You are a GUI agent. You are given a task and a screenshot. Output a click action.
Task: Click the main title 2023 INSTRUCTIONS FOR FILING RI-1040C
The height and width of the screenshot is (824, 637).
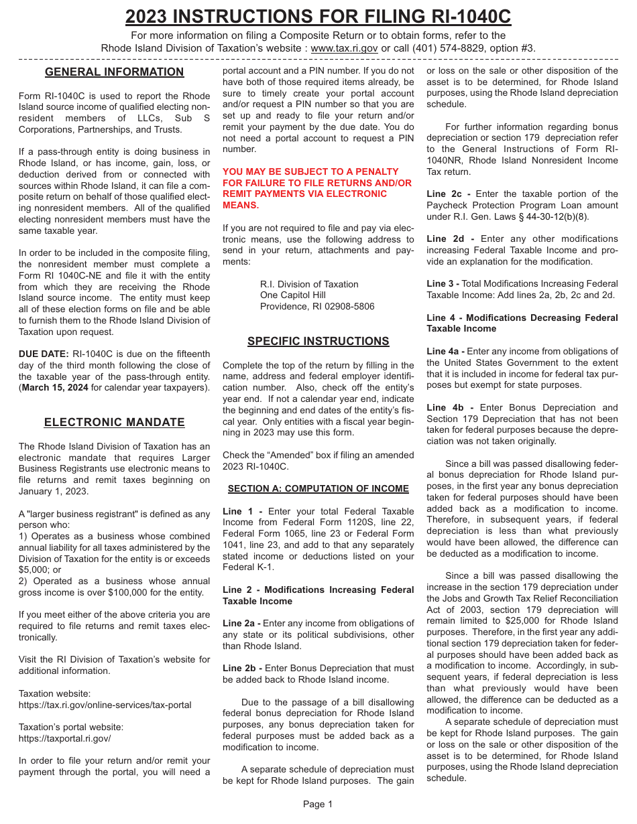coord(318,16)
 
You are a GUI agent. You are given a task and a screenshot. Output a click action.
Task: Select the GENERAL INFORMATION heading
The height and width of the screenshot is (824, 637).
coord(114,72)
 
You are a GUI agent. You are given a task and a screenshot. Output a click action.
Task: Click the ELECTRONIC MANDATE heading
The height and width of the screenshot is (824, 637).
coord(114,423)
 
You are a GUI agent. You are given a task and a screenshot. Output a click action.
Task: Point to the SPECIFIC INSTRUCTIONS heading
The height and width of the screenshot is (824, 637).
coord(318,342)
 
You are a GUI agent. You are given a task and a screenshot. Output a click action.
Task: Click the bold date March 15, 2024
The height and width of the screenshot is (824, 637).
coord(55,388)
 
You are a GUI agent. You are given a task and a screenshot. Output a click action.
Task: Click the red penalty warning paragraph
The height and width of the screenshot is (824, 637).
coord(317,188)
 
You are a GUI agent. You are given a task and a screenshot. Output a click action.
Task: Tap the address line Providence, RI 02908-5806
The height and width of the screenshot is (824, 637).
coord(317,307)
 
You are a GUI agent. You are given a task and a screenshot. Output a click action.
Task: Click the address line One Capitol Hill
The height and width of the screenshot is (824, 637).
coord(293,295)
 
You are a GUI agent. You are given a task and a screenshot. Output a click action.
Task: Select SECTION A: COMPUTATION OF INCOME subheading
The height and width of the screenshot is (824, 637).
coord(318,489)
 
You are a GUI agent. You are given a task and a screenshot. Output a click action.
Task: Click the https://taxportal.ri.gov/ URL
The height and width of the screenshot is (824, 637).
coord(64,739)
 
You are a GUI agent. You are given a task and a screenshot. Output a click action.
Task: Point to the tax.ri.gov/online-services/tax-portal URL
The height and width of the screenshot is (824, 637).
coord(105,705)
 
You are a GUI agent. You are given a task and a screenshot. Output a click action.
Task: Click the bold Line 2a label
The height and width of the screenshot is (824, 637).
coord(241,624)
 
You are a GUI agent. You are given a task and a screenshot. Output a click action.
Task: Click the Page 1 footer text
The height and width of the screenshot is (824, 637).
coord(318,805)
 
